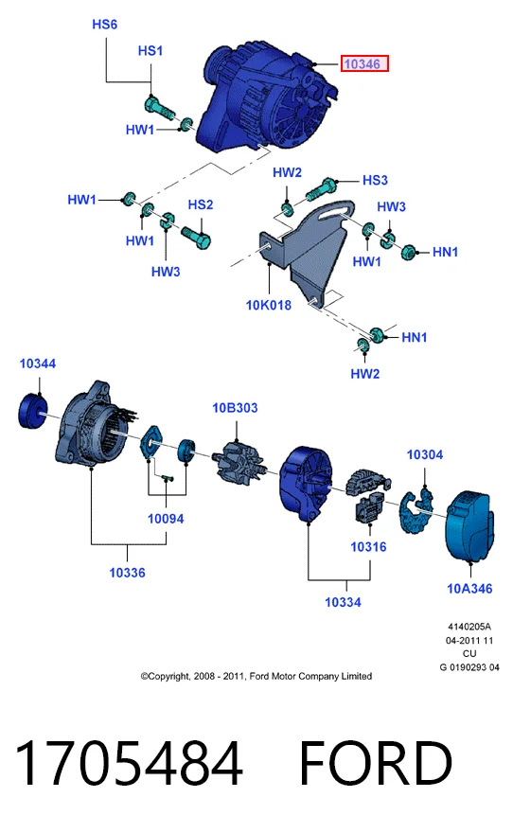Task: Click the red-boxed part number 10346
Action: tap(364, 63)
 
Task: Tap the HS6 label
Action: tap(105, 25)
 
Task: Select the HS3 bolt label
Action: tap(375, 180)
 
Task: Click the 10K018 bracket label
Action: tap(268, 305)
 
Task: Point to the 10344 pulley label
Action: tap(38, 363)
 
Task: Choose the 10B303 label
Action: tap(235, 407)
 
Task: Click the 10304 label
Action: tap(425, 454)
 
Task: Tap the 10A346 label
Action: tap(469, 588)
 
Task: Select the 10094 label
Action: tap(166, 519)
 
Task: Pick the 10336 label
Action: tap(127, 573)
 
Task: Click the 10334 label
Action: tap(343, 602)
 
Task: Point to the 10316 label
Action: tap(368, 547)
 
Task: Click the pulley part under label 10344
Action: tap(32, 411)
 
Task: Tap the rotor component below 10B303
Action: tap(238, 461)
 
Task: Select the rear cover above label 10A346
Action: tap(470, 526)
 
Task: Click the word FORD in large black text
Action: tap(376, 763)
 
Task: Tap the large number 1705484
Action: tap(129, 763)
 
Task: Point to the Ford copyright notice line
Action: tap(256, 676)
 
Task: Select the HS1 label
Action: tap(150, 50)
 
